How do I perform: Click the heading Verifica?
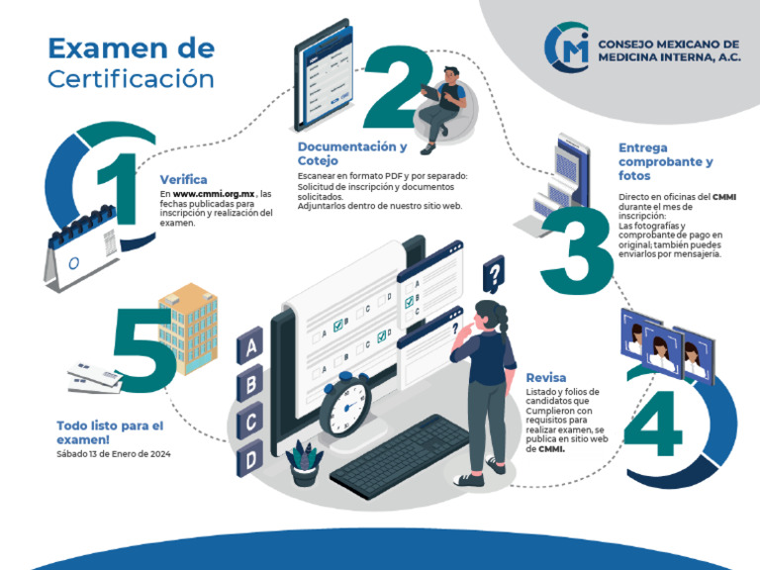[x=183, y=179]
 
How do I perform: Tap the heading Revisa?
[x=546, y=378]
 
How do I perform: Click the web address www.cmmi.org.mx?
[x=215, y=194]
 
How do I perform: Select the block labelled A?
[x=251, y=346]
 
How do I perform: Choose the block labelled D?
[x=251, y=459]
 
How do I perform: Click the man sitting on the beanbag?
[x=444, y=105]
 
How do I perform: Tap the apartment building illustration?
[x=188, y=327]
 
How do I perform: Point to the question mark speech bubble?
[x=493, y=270]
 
